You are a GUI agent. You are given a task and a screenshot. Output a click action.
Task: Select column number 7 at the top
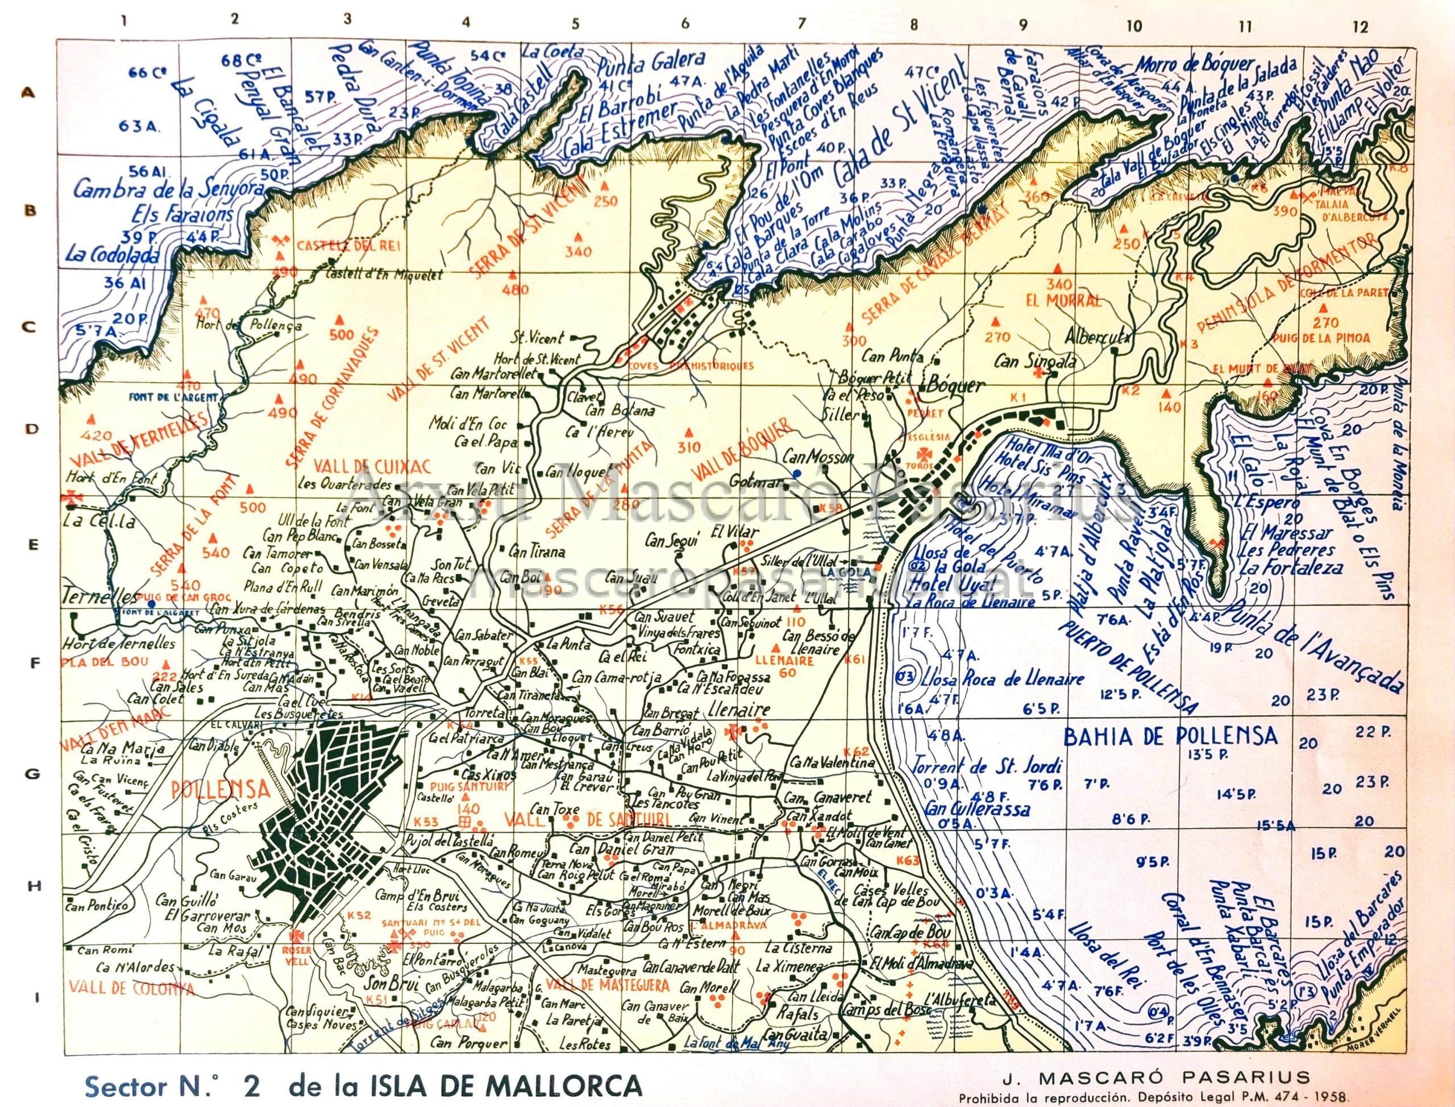[801, 24]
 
